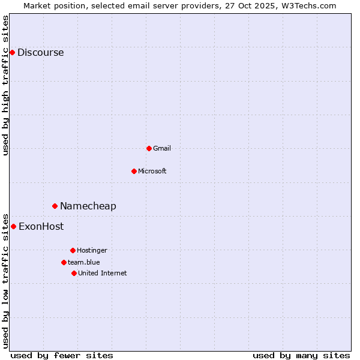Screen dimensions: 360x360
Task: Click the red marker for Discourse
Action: tap(12, 52)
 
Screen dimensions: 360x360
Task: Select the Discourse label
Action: tap(40, 52)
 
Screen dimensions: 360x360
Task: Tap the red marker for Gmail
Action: tap(149, 148)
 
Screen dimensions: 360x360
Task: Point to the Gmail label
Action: tap(162, 148)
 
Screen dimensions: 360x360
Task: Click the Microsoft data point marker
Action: tap(134, 171)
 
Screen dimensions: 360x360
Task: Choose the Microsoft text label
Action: tap(152, 171)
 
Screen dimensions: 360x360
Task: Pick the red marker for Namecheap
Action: tap(55, 206)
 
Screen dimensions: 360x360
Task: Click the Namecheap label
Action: tap(88, 206)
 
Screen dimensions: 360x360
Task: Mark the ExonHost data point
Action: tap(13, 226)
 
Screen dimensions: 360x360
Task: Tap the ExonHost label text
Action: tap(41, 226)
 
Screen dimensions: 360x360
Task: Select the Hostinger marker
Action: tap(73, 250)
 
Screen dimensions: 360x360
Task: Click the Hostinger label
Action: tap(92, 250)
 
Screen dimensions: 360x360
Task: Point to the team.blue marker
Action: tap(64, 262)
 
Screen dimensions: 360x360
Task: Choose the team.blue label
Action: tap(84, 262)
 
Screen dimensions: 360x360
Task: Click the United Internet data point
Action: tap(74, 273)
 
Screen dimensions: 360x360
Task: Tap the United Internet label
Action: tap(103, 273)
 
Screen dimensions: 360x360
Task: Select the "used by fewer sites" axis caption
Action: tap(62, 355)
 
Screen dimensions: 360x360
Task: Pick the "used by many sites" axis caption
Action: tap(301, 355)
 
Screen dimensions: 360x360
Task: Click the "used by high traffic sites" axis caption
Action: tap(5, 85)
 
